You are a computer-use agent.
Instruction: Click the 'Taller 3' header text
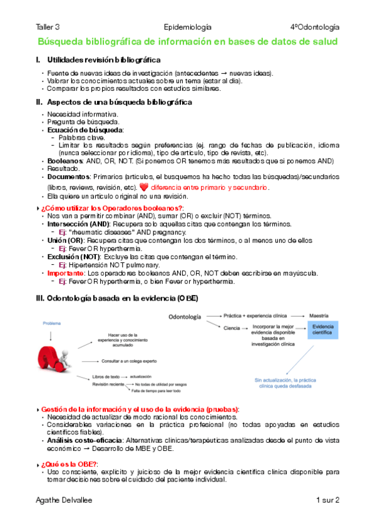tap(48, 27)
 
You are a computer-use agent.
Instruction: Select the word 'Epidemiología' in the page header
tap(187, 27)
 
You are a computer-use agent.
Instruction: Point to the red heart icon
tap(143, 187)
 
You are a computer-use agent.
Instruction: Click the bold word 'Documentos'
tap(68, 177)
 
